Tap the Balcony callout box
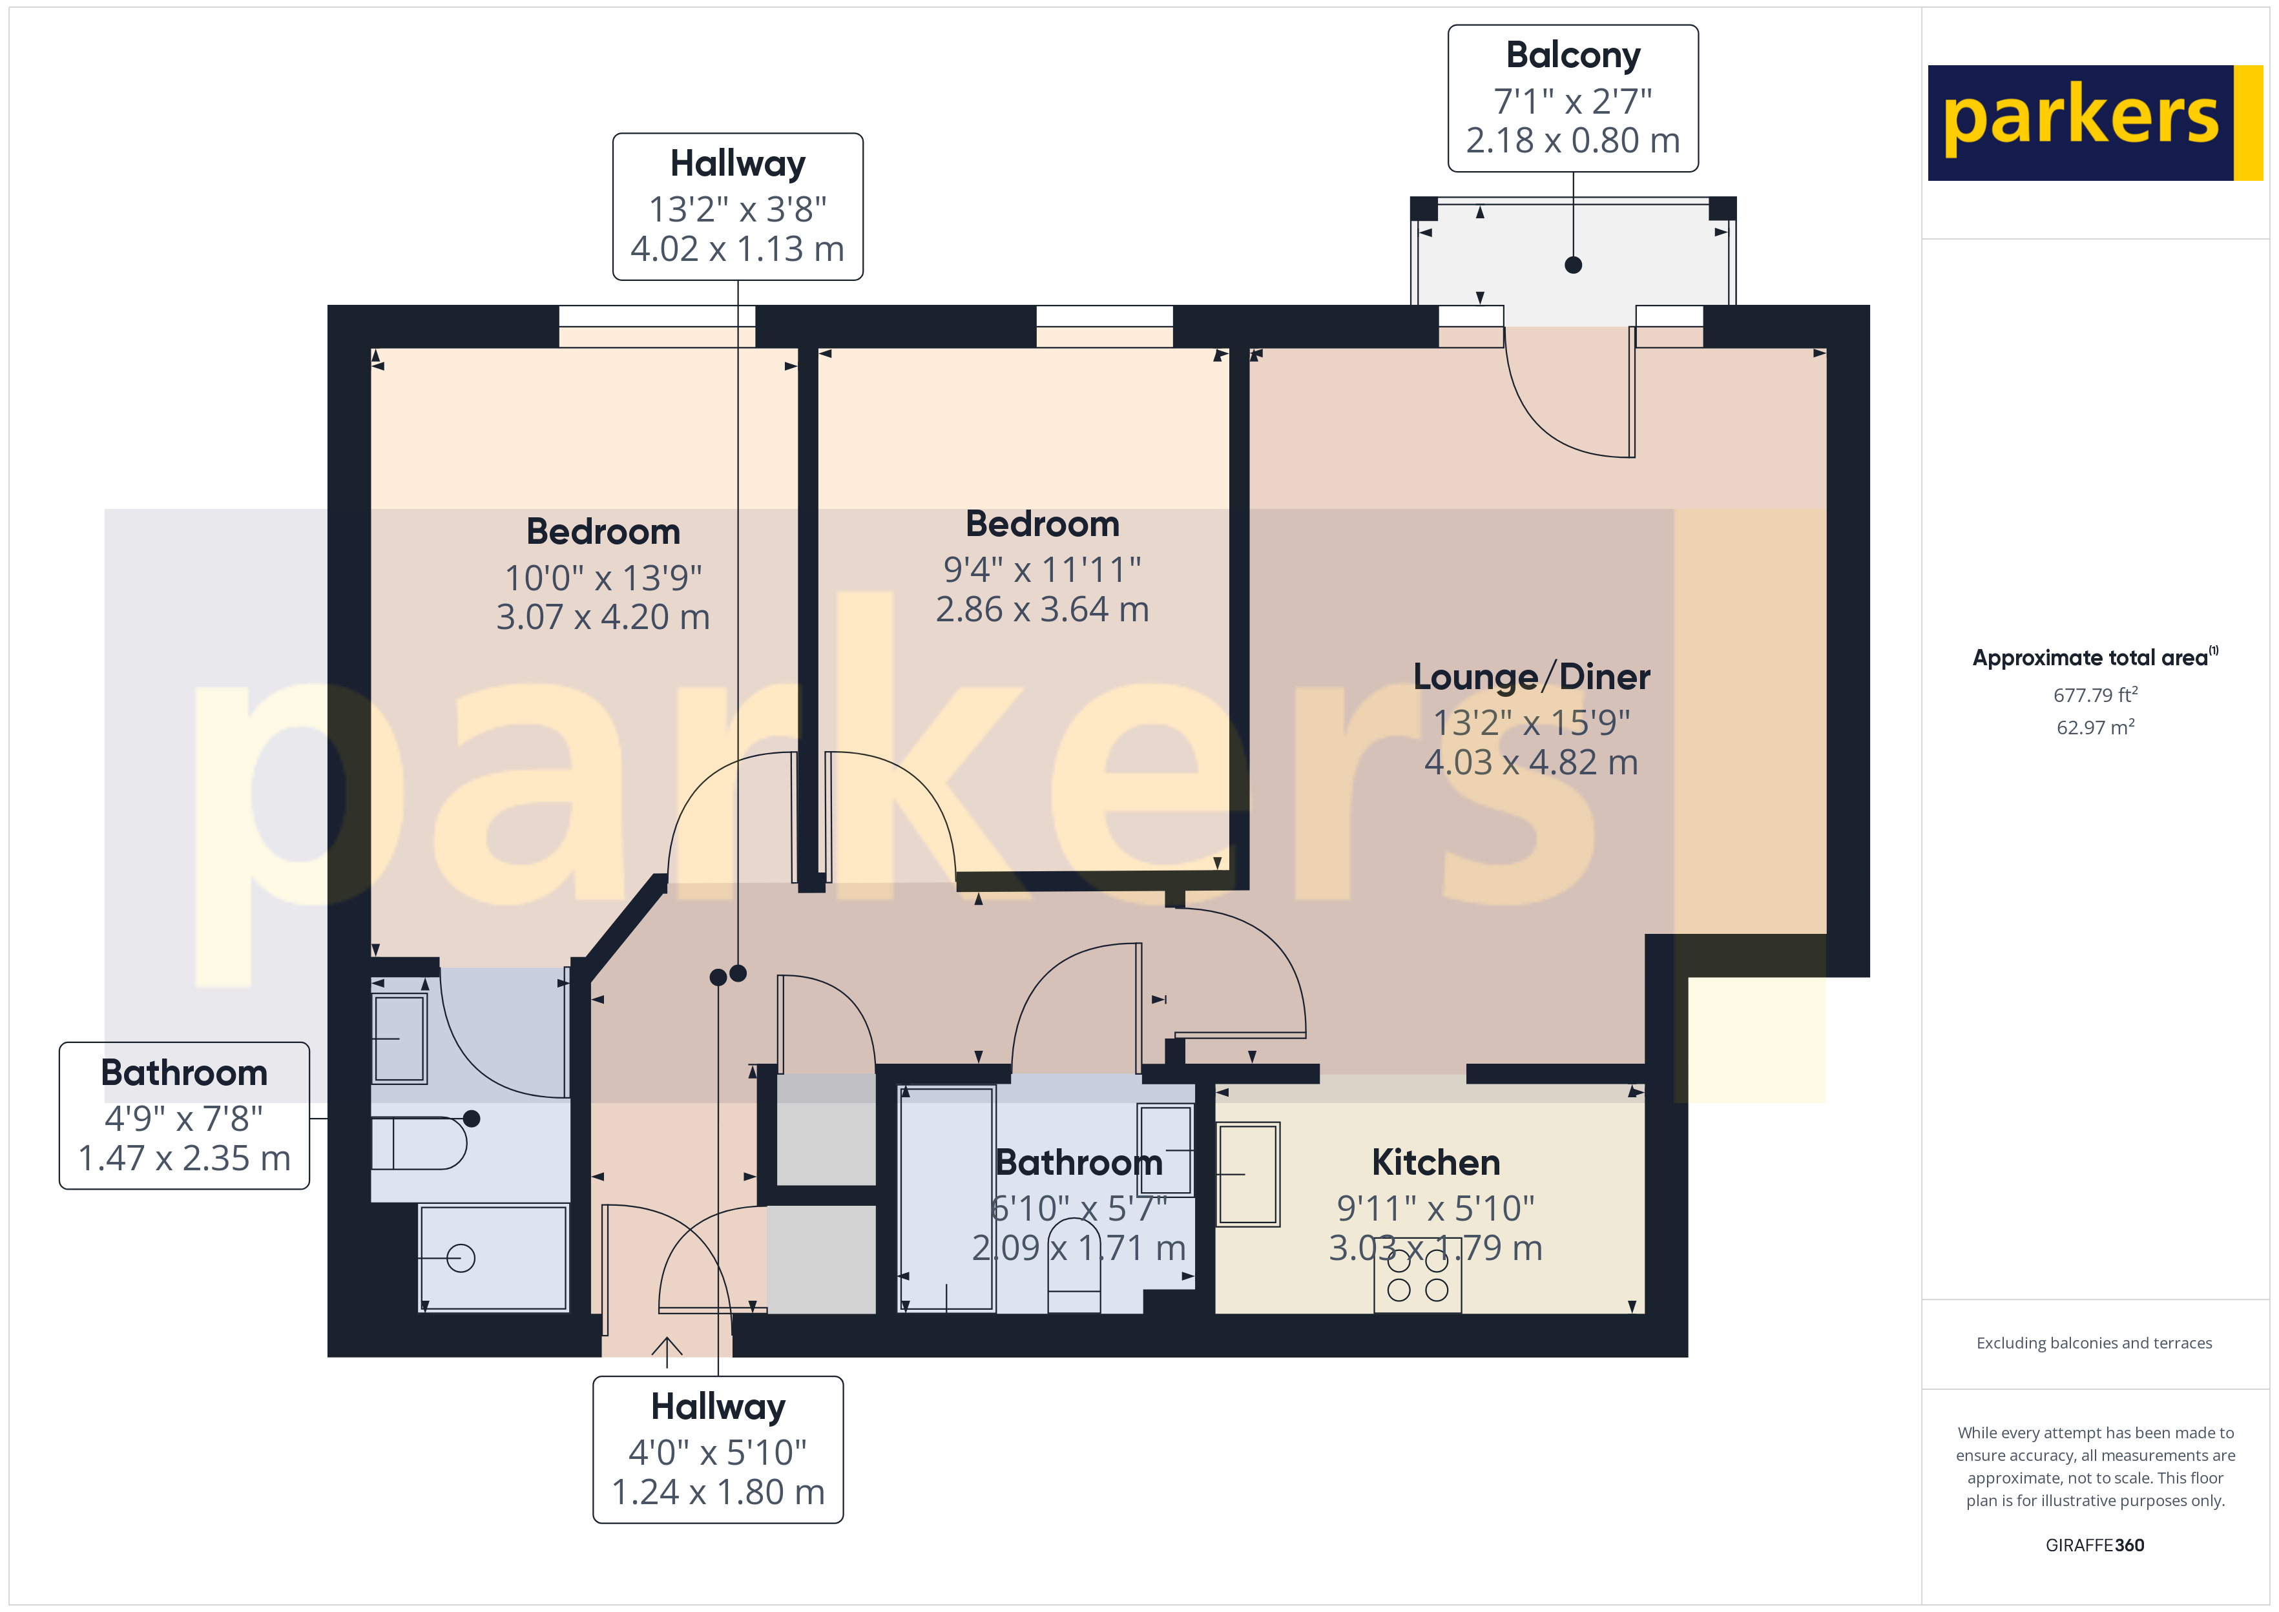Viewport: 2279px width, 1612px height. [1572, 98]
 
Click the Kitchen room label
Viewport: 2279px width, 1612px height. [1435, 1162]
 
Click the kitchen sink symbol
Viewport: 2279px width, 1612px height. [1249, 1174]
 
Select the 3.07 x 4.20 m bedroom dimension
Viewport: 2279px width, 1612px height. [603, 617]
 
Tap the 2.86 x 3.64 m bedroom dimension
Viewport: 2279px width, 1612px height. [1042, 610]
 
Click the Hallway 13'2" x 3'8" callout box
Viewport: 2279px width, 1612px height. [738, 207]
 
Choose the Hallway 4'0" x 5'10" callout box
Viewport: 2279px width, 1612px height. [718, 1449]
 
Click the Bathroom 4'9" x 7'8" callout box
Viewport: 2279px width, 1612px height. [185, 1116]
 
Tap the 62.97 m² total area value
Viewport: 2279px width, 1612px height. [2094, 728]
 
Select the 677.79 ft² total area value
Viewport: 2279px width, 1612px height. [2094, 695]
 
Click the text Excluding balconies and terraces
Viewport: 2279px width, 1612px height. [2094, 1343]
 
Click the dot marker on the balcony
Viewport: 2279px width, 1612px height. [1572, 265]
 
